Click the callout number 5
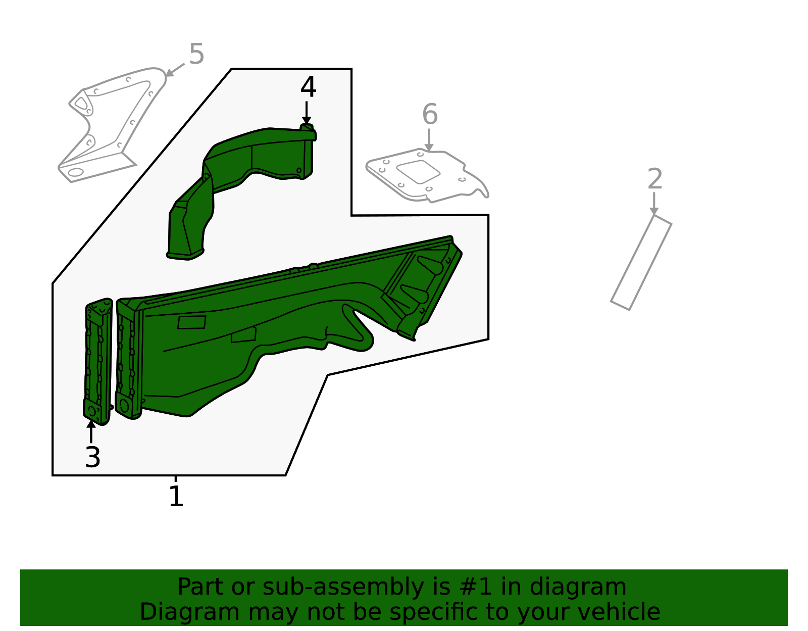[x=196, y=54]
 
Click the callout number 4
[x=308, y=87]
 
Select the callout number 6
[x=430, y=115]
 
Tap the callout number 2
[x=654, y=179]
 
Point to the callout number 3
[x=92, y=458]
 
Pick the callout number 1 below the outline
[x=176, y=497]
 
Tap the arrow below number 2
[x=654, y=203]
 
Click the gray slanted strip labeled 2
[x=641, y=262]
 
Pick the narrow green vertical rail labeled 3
[x=98, y=361]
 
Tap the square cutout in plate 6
[x=419, y=171]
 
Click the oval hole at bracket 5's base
[x=75, y=172]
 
